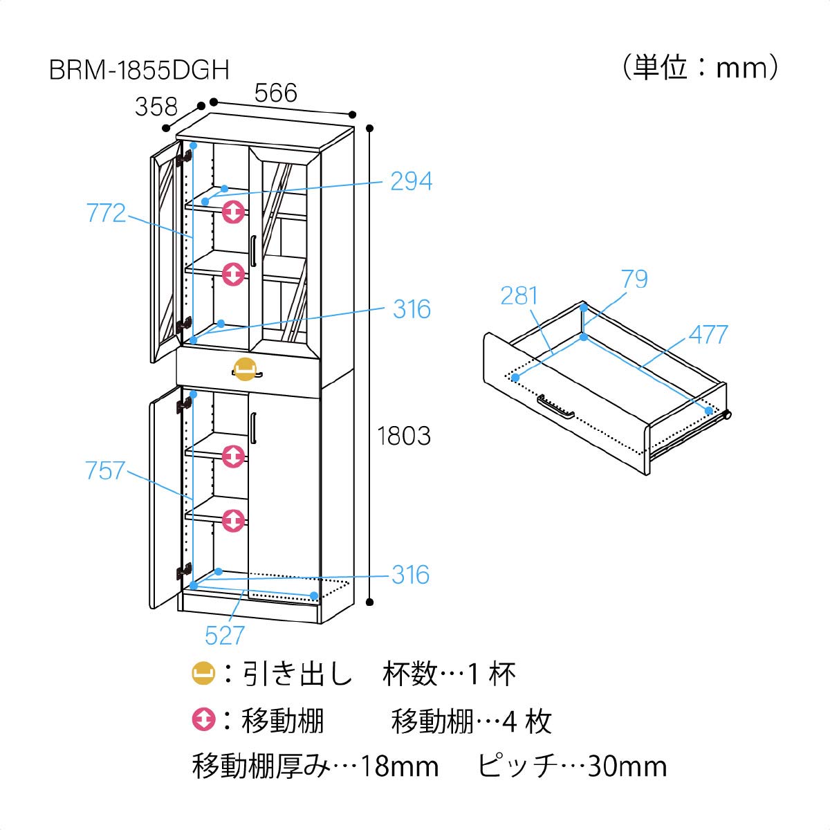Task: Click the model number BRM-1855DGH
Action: (139, 70)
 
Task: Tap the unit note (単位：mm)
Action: (701, 67)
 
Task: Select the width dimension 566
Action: (276, 93)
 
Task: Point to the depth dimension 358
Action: (156, 107)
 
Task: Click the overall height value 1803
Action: (404, 436)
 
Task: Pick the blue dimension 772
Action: (106, 213)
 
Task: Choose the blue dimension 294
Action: (412, 181)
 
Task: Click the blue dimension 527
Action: (225, 636)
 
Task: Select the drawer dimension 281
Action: (519, 295)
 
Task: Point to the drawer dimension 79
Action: (634, 279)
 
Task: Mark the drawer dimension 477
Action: (708, 334)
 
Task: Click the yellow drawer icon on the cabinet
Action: (245, 369)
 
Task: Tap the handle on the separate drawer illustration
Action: (555, 407)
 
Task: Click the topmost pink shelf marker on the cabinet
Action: (234, 212)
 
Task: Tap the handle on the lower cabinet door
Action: (253, 427)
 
